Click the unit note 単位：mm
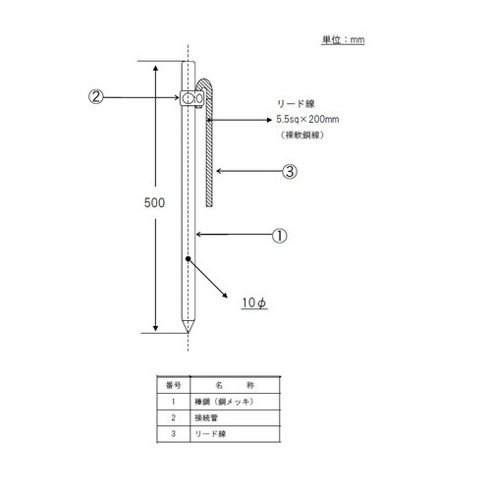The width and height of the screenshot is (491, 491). [344, 40]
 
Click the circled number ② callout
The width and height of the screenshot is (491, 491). [96, 97]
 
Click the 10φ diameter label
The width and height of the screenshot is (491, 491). [254, 303]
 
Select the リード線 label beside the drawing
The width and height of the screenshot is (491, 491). [297, 101]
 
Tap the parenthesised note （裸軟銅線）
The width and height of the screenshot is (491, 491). [304, 136]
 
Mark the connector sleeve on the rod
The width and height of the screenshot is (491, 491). [192, 98]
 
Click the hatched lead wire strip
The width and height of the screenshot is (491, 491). [211, 152]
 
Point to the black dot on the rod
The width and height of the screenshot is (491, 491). [188, 260]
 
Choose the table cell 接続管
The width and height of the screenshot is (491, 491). [207, 415]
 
